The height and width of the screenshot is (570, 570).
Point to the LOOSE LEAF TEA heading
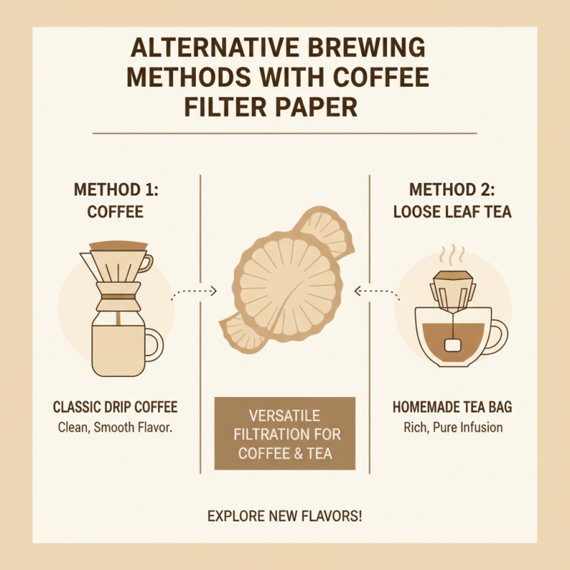[x=452, y=212]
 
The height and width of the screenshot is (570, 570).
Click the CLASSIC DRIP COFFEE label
[x=115, y=408]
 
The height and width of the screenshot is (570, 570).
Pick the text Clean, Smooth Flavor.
[x=115, y=427]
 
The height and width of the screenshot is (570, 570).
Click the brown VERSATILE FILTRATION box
[x=284, y=433]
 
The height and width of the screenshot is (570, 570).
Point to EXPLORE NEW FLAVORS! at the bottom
[x=284, y=515]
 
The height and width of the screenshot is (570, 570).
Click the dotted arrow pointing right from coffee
[x=194, y=291]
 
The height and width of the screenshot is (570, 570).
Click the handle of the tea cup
[x=496, y=335]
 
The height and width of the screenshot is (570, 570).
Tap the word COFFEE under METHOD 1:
[x=115, y=212]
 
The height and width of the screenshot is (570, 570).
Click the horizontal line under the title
[x=284, y=133]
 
